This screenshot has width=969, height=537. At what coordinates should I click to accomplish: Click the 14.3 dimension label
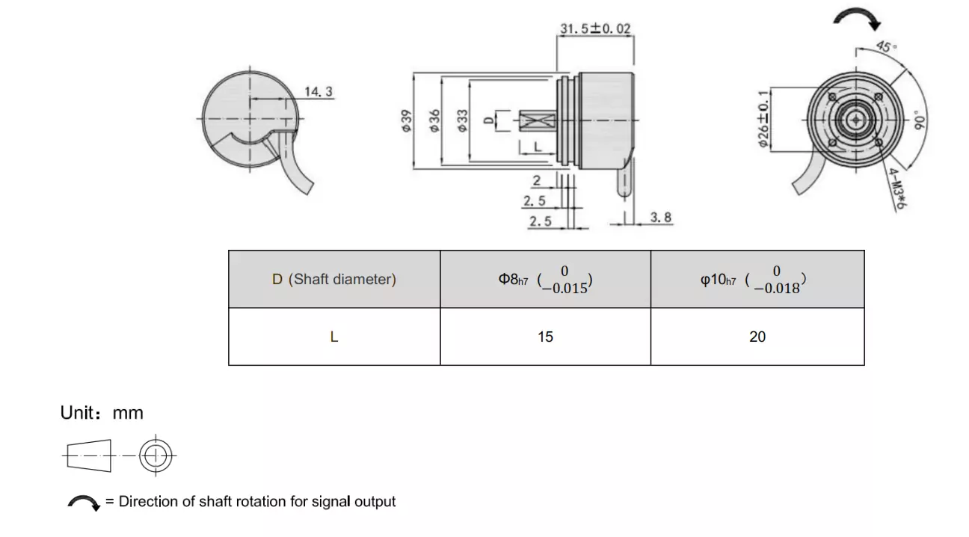point(319,91)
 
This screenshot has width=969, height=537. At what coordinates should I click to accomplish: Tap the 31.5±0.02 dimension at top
point(595,28)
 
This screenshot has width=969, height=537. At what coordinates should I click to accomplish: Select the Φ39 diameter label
point(406,120)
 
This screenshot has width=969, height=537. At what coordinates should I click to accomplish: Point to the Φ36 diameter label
point(434,120)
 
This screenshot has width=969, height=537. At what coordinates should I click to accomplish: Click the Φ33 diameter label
point(462,120)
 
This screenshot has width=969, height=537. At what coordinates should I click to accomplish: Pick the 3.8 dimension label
point(660,217)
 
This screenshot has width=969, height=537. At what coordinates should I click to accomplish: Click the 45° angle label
point(886,46)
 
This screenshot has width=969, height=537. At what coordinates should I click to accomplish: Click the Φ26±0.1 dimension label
point(763,119)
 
